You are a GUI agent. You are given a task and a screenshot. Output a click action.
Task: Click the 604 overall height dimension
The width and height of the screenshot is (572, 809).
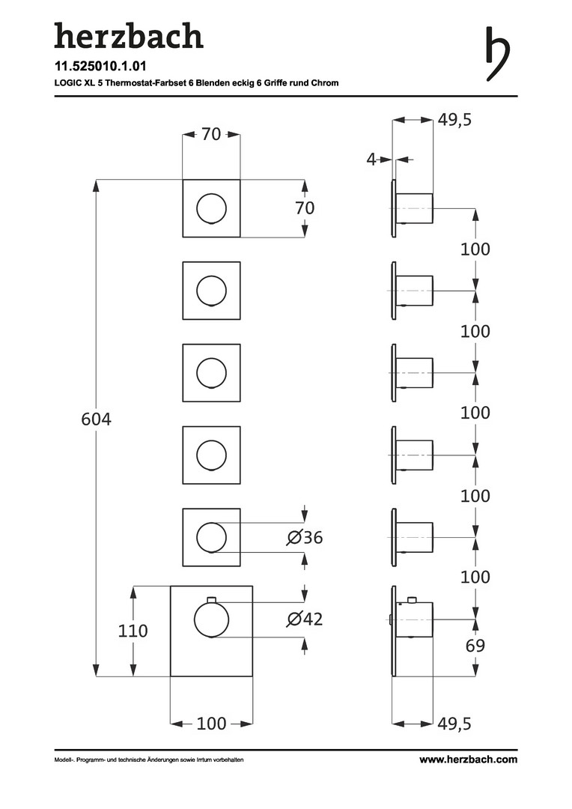tap(96, 419)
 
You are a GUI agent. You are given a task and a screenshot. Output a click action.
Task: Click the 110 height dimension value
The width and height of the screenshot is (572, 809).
tap(133, 631)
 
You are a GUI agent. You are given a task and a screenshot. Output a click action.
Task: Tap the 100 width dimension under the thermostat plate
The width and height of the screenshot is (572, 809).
tap(212, 724)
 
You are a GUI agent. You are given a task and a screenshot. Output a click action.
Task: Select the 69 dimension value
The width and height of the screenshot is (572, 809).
tap(475, 646)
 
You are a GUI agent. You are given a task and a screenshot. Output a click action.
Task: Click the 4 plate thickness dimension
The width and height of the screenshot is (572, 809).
tap(371, 159)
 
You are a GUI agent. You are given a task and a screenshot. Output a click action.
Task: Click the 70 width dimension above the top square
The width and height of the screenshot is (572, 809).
tap(212, 135)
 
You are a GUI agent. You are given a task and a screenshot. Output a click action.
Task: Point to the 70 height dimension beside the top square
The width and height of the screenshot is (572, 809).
tap(305, 209)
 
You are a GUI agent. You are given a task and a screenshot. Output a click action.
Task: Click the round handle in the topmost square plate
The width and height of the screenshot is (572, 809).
tap(212, 208)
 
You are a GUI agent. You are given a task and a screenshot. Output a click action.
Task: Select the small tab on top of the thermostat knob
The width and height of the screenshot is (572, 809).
tap(212, 598)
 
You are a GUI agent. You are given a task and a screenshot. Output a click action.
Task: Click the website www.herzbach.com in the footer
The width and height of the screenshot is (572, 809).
tap(468, 760)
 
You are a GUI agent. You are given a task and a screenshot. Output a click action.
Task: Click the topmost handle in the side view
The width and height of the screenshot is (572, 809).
tap(414, 208)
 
